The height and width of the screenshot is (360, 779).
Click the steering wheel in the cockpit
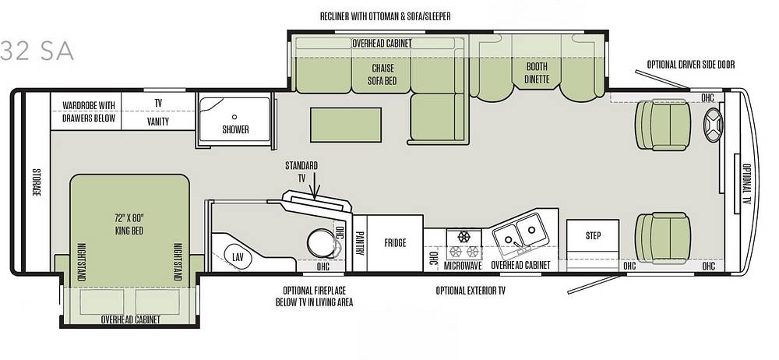point(714,125)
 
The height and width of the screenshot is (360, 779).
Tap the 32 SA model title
point(37,51)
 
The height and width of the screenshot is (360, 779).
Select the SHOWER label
point(235,130)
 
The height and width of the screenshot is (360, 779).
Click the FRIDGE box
point(395,243)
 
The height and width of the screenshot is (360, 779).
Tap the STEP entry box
point(593,237)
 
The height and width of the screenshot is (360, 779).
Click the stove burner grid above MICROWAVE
point(464,244)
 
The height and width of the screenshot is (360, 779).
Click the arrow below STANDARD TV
point(315,190)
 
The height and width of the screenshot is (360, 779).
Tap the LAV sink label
point(238,257)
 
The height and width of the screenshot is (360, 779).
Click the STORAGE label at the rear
point(37,182)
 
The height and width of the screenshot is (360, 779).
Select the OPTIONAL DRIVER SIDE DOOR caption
point(690,65)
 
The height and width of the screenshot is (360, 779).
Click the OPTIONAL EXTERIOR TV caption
point(471,291)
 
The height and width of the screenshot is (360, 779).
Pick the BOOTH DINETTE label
point(537,72)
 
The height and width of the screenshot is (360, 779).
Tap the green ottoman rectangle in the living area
point(346,125)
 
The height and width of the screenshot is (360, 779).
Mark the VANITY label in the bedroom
point(158,122)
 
